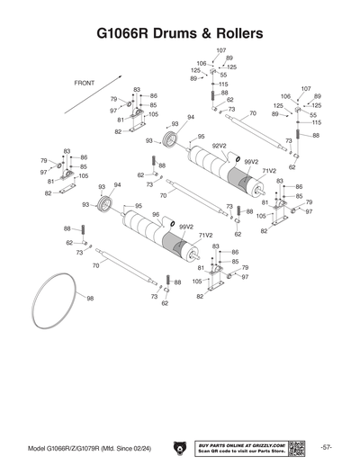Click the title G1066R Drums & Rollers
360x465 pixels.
[180, 33]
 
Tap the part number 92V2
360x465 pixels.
[219, 145]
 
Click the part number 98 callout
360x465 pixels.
[90, 298]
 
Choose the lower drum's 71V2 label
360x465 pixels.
[205, 235]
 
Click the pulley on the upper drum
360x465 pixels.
[169, 141]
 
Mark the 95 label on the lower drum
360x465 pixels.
[139, 206]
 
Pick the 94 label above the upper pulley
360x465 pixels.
[191, 117]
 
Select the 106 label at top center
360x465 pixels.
[201, 64]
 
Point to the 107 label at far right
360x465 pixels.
[306, 89]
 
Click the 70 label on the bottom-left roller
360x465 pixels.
[94, 265]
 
